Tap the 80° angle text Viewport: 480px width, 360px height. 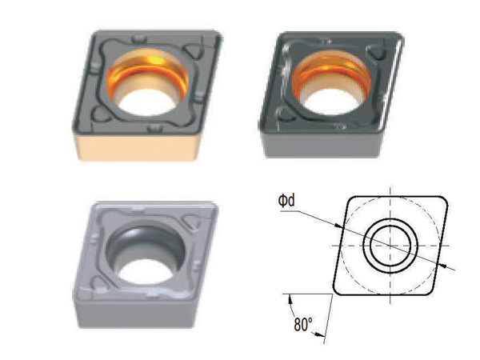tap(303, 325)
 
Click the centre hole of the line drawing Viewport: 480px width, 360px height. tap(390, 246)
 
